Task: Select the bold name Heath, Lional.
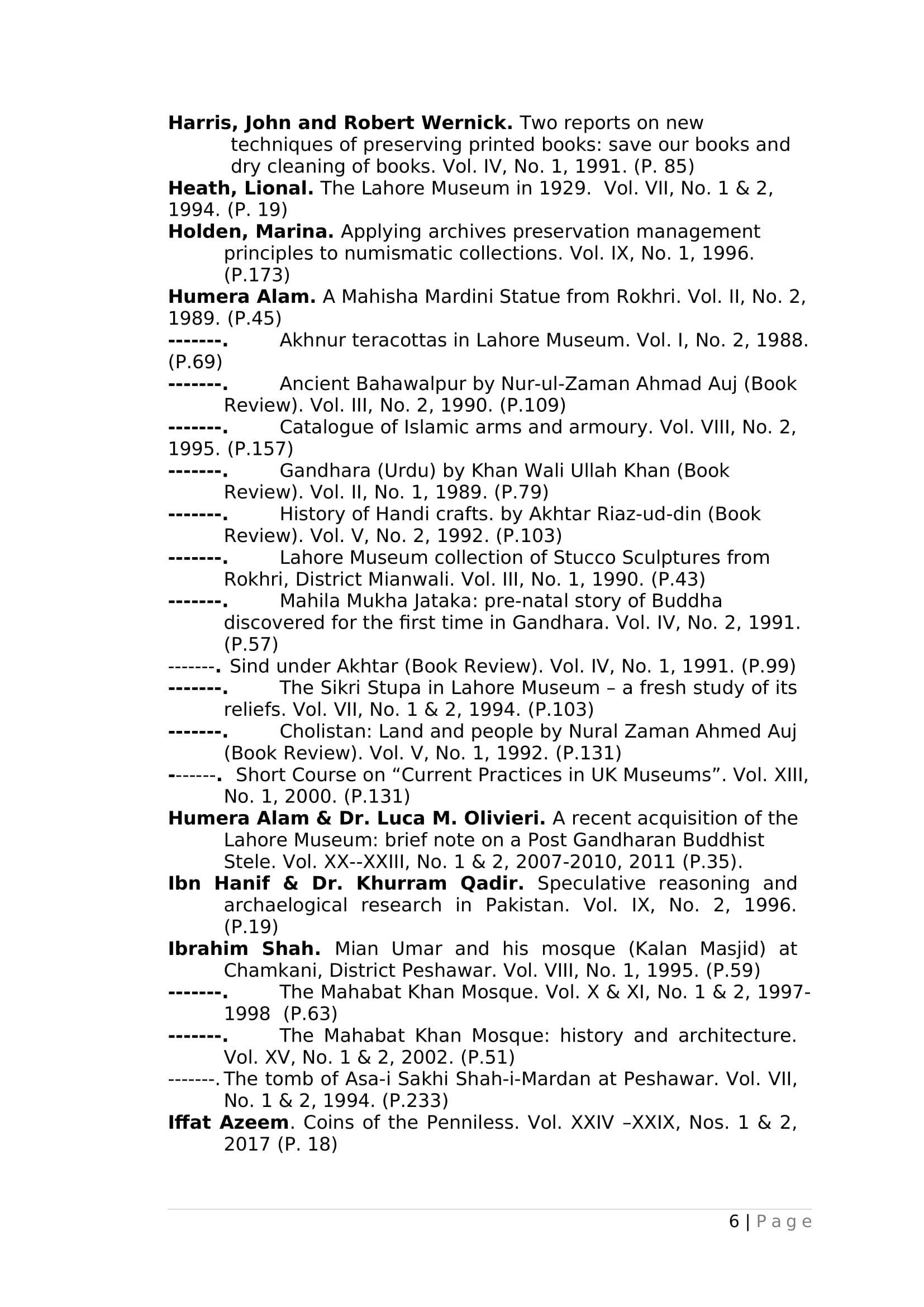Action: pyautogui.click(x=241, y=188)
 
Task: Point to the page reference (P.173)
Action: pyautogui.click(x=256, y=275)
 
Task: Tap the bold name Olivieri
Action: pyautogui.click(x=504, y=819)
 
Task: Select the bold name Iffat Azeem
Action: pyautogui.click(x=228, y=1123)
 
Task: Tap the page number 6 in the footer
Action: pyautogui.click(x=734, y=1222)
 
